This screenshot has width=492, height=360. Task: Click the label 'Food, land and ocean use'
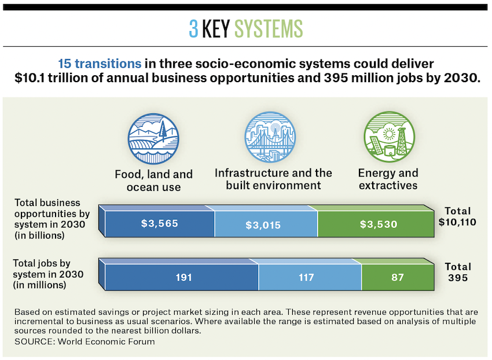click(153, 180)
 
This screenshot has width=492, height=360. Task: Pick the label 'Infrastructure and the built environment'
click(273, 179)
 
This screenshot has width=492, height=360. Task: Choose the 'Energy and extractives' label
click(388, 179)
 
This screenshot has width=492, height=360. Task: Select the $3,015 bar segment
click(266, 225)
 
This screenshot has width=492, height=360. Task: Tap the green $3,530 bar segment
click(379, 225)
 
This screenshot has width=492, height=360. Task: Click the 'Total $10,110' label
click(457, 216)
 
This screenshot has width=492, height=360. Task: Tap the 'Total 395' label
click(457, 272)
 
